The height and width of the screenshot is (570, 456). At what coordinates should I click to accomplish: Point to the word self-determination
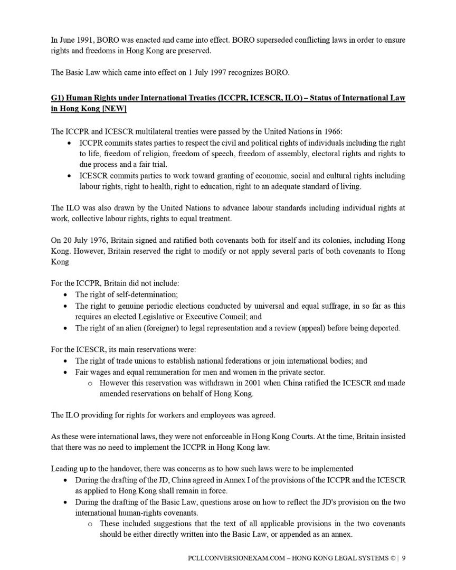(x=146, y=294)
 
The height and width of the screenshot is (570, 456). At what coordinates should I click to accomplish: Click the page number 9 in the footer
(x=404, y=557)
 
